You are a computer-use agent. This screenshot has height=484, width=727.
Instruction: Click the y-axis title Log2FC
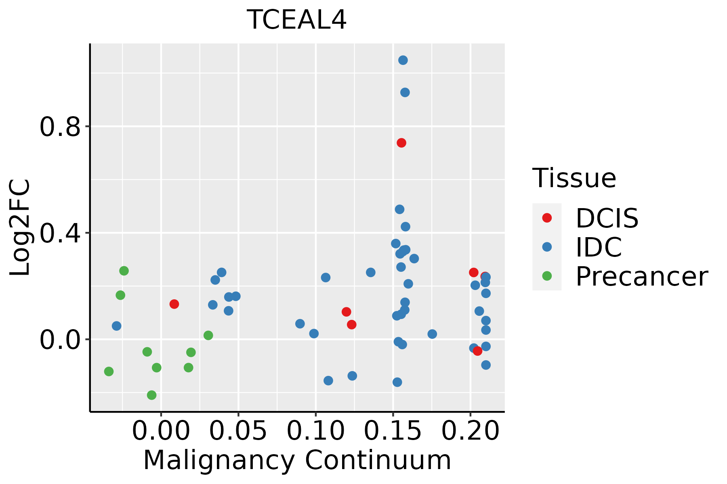[x=20, y=228]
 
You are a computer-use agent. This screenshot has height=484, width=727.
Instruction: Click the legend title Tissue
[x=574, y=178]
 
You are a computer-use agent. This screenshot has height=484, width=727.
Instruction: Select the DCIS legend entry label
[x=607, y=218]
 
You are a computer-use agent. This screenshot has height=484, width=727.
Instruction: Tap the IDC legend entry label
[x=599, y=247]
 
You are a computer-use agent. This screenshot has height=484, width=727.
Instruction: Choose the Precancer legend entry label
[x=641, y=277]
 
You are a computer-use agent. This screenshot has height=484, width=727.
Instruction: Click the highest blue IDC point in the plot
[x=403, y=60]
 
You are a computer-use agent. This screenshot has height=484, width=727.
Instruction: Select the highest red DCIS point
[x=401, y=143]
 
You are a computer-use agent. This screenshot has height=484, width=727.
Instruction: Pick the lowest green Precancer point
[x=151, y=395]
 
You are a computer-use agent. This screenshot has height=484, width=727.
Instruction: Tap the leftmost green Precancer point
[x=109, y=371]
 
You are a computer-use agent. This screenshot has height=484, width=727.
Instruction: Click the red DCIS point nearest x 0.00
[x=174, y=304]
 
